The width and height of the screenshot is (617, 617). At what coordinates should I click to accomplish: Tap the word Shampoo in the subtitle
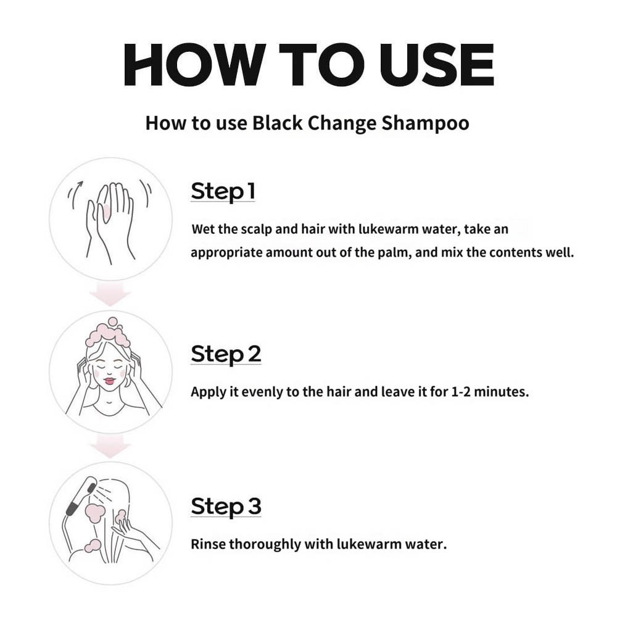pyautogui.click(x=425, y=124)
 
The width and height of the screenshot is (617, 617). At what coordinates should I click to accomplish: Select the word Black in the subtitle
pyautogui.click(x=278, y=123)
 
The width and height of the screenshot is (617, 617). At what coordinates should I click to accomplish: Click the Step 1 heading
pyautogui.click(x=223, y=192)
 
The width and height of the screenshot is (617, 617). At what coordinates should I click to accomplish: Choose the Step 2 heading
pyautogui.click(x=226, y=354)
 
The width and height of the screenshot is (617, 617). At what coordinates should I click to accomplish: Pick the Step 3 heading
pyautogui.click(x=226, y=507)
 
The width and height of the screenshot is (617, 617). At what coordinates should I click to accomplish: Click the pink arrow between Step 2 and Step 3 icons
pyautogui.click(x=110, y=447)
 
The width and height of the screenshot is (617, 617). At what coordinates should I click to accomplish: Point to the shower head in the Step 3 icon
pyautogui.click(x=81, y=497)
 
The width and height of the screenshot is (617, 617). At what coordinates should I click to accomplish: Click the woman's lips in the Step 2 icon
pyautogui.click(x=109, y=381)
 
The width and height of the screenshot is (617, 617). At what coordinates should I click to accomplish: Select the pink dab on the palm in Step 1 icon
pyautogui.click(x=106, y=213)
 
